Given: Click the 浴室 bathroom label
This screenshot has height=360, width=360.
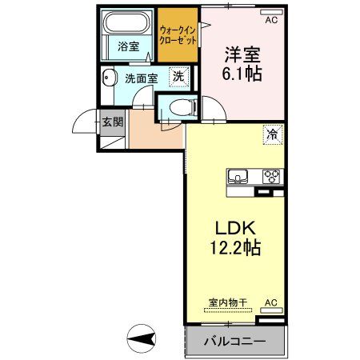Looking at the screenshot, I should click(x=129, y=46).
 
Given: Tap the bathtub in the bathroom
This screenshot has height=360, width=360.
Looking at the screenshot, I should click(x=128, y=22).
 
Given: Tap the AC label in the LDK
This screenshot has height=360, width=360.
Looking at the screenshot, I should click(x=271, y=302).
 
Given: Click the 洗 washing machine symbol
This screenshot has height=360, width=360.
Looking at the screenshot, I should click(x=181, y=78).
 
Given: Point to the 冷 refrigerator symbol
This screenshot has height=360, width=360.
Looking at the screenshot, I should click(x=273, y=135).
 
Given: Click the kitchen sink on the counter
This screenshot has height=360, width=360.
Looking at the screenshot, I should click(x=239, y=176).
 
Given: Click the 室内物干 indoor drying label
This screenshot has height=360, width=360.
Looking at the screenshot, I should click(x=228, y=302).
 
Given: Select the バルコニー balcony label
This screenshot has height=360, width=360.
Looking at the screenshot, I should click(x=237, y=342).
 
